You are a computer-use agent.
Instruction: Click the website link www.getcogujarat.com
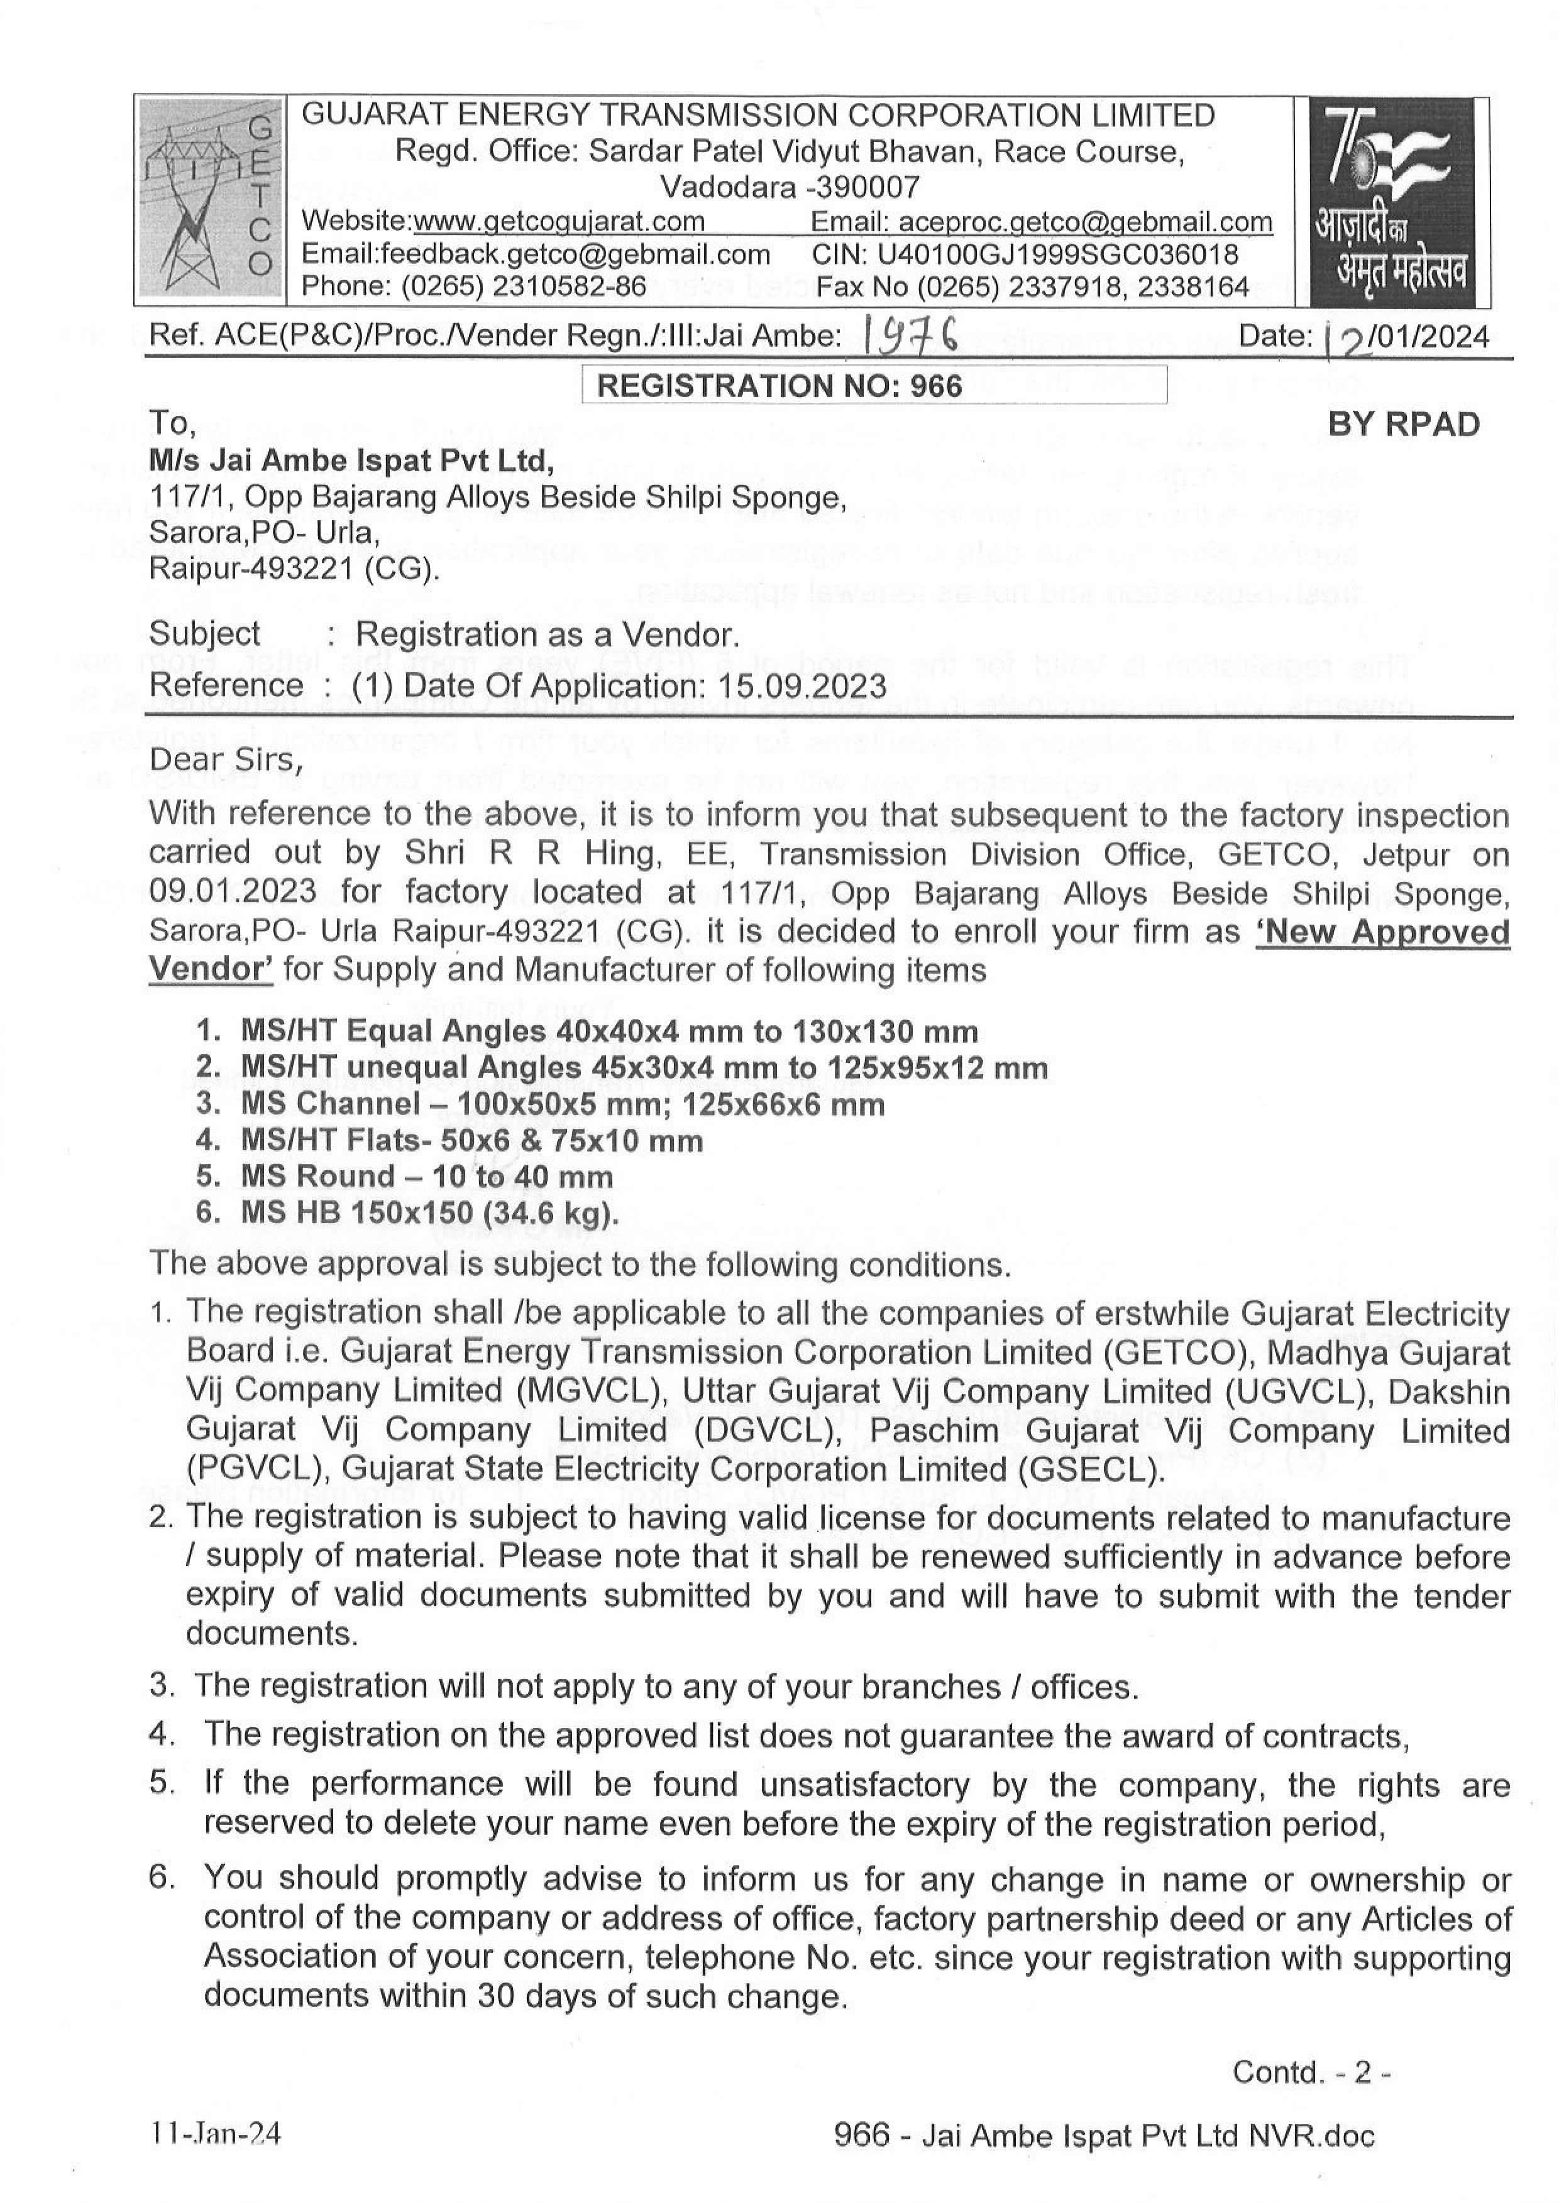(x=559, y=222)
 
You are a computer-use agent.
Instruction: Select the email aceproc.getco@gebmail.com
(x=1085, y=222)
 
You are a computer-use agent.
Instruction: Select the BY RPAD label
(x=1404, y=424)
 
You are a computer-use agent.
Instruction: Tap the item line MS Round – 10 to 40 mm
(x=426, y=1177)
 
